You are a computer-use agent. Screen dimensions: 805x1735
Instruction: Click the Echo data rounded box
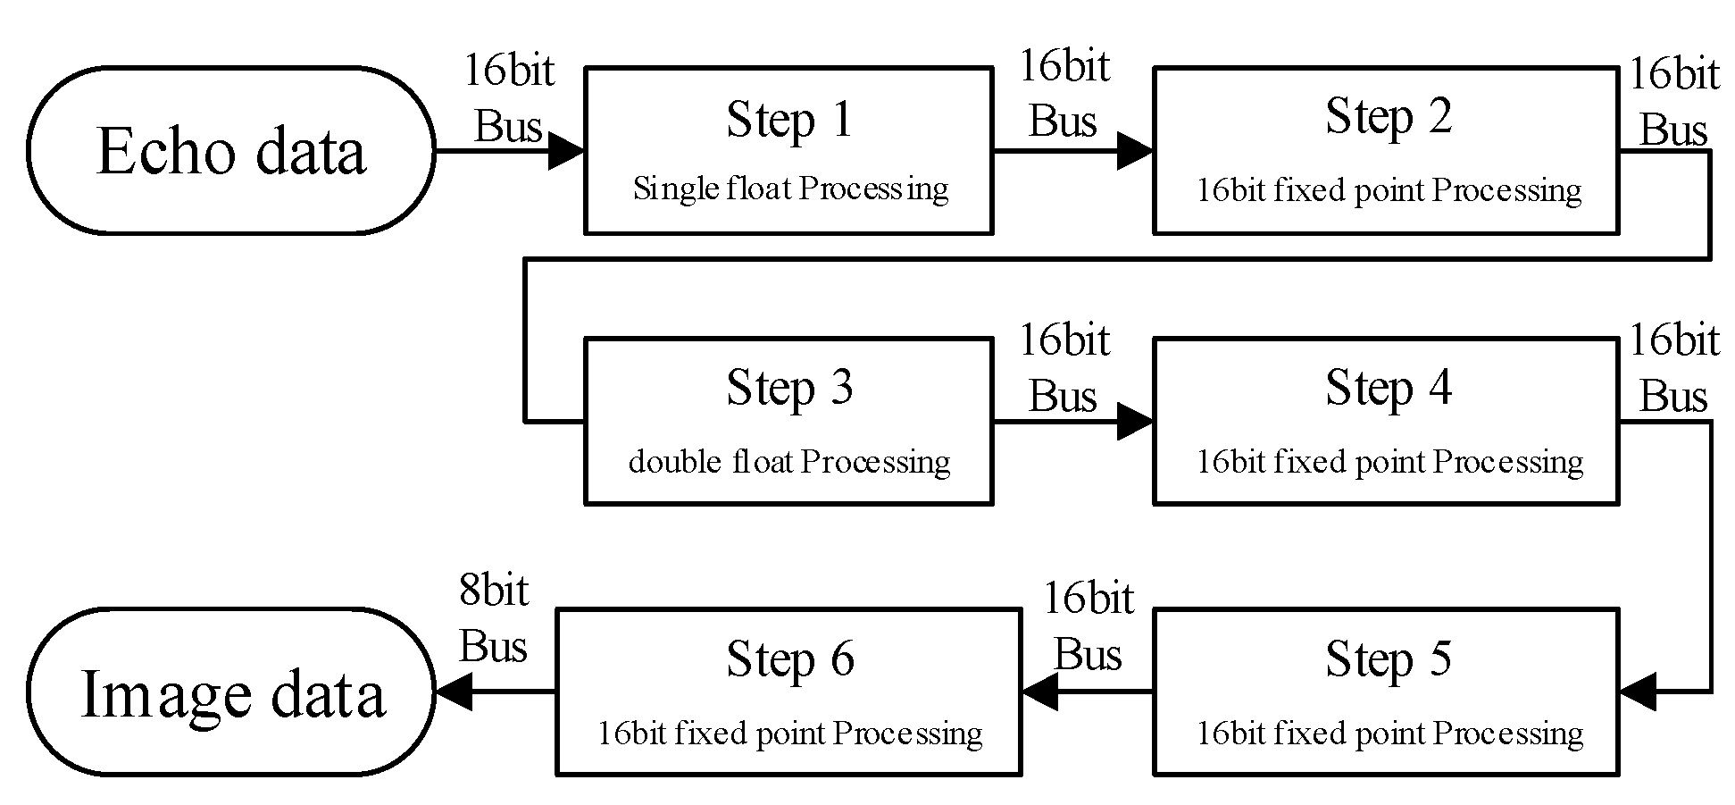click(x=230, y=150)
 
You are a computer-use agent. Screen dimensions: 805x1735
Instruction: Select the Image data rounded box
click(x=230, y=692)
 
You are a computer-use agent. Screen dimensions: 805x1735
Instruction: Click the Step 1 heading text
click(x=789, y=120)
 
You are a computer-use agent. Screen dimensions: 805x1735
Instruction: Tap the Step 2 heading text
click(x=1388, y=117)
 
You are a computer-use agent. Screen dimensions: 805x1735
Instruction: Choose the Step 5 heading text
click(x=1388, y=659)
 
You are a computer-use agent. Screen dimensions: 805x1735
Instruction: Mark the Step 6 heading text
click(x=789, y=659)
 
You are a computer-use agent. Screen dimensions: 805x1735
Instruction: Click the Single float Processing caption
click(x=789, y=189)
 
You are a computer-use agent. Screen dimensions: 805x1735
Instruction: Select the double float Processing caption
click(x=789, y=461)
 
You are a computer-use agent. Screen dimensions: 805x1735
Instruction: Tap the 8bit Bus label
click(x=493, y=618)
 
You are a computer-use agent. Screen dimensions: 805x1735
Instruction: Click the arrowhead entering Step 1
click(x=566, y=150)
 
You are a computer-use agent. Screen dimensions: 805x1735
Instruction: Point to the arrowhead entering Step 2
click(x=1134, y=150)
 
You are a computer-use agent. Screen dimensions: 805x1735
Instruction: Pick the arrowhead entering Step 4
click(x=1134, y=421)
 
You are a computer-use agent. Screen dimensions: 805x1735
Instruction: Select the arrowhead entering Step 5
click(x=1638, y=692)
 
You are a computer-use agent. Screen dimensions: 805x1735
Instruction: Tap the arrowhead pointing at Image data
click(x=454, y=692)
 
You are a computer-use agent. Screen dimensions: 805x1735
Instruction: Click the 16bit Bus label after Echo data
click(x=509, y=98)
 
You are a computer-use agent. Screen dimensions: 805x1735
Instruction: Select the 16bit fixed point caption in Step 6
click(x=789, y=734)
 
